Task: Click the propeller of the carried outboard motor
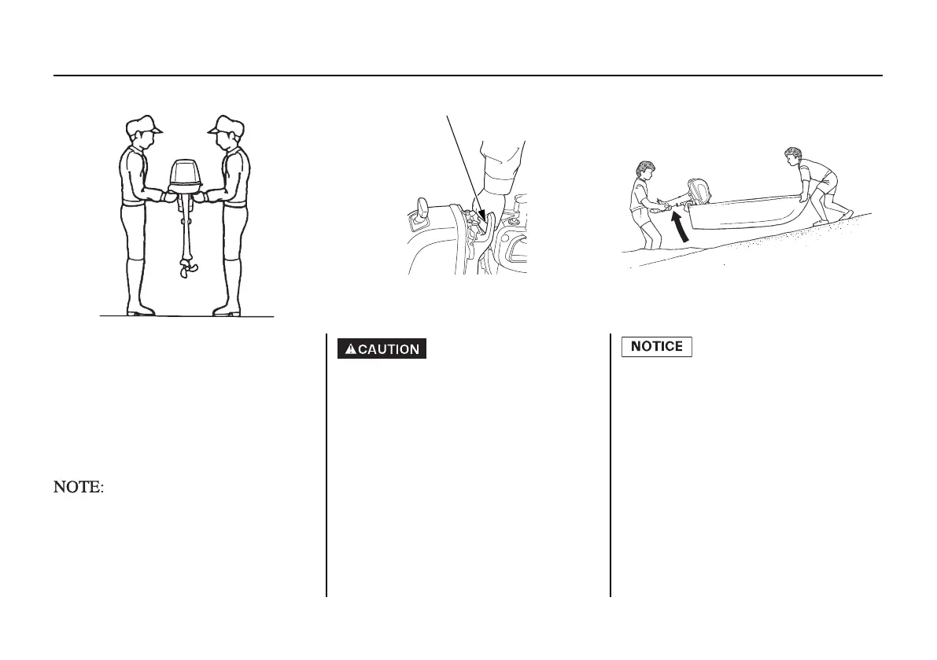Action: tap(185, 270)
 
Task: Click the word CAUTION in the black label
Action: tap(389, 348)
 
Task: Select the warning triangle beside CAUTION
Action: tap(350, 348)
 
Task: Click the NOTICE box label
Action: tap(657, 347)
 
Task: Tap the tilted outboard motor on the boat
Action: tap(698, 194)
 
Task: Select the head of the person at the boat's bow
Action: tap(793, 156)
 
